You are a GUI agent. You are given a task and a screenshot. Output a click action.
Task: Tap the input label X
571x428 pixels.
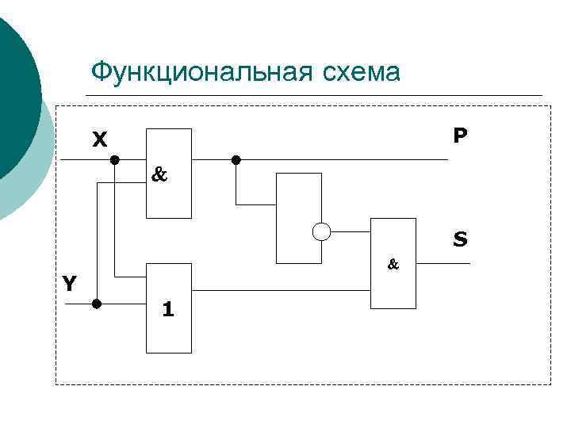pyautogui.click(x=99, y=140)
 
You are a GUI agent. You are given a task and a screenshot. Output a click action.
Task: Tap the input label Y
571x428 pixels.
pyautogui.click(x=70, y=283)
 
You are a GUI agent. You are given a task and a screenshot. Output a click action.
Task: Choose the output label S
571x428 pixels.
pyautogui.click(x=460, y=238)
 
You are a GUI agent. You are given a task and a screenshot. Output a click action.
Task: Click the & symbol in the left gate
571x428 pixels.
pyautogui.click(x=159, y=175)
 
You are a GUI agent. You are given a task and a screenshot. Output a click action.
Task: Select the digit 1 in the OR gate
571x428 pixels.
pyautogui.click(x=167, y=308)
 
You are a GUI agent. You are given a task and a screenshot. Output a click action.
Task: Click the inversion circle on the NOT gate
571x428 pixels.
pyautogui.click(x=321, y=231)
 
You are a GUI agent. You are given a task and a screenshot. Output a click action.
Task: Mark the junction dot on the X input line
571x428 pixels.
pyautogui.click(x=114, y=160)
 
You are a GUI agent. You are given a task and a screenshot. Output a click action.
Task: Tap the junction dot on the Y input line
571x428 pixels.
pyautogui.click(x=97, y=303)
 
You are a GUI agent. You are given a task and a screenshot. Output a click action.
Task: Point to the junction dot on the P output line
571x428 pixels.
pyautogui.click(x=236, y=160)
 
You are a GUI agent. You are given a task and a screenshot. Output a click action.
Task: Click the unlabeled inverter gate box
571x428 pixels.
pyautogui.click(x=297, y=217)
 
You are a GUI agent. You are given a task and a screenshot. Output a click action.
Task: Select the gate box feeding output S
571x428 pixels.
pyautogui.click(x=394, y=262)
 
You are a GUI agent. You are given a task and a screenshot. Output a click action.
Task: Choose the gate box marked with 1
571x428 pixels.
pyautogui.click(x=169, y=308)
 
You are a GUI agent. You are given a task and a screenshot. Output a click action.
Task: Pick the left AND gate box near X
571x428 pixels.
pyautogui.click(x=168, y=173)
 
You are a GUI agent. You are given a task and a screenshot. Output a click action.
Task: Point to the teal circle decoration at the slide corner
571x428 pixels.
pyautogui.click(x=16, y=95)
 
